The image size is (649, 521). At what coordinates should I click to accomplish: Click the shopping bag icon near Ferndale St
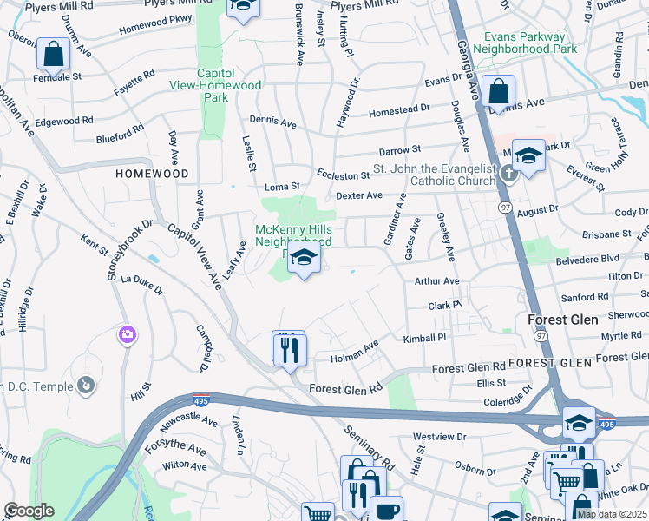point(54,55)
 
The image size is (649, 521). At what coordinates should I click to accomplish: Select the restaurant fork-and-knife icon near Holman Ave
point(289,349)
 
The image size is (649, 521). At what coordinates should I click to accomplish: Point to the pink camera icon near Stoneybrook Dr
point(128,334)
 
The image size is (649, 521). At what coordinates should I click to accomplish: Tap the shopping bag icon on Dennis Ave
point(499,91)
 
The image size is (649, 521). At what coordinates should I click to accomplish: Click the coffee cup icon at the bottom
point(386,510)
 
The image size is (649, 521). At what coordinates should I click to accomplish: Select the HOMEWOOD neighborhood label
point(152,174)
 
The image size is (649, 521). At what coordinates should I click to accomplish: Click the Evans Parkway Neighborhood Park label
point(530,43)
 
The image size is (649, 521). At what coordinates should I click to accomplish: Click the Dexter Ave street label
point(358,196)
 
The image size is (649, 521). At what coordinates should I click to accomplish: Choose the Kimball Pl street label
point(424,337)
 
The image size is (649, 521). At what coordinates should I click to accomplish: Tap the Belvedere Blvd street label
point(590,258)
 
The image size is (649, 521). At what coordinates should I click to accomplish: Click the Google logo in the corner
point(29,511)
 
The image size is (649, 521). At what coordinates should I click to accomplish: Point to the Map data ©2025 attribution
point(611,514)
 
